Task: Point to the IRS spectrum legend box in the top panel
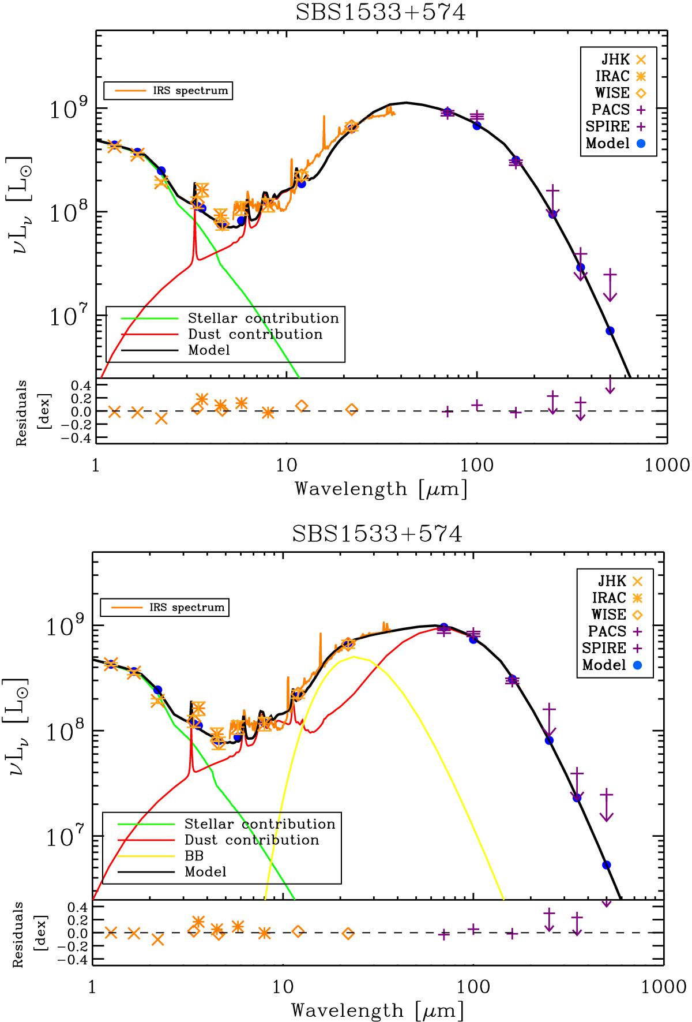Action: (168, 91)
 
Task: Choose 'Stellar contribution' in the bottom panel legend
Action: (259, 823)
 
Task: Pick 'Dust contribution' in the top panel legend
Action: (255, 334)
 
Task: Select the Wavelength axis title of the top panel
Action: (381, 489)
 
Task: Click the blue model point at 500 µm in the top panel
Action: (610, 331)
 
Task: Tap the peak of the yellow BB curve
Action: (353, 657)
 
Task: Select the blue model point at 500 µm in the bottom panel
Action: (606, 864)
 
